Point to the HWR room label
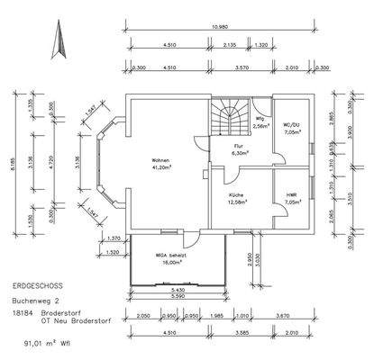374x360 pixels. (291, 194)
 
